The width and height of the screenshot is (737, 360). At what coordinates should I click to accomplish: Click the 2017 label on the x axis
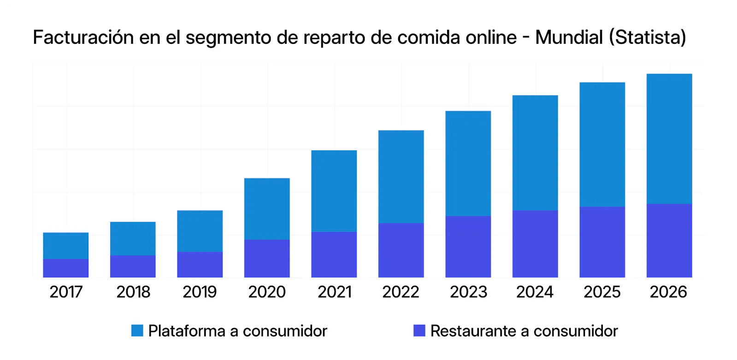coord(66,292)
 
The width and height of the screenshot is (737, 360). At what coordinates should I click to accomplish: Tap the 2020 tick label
coord(267,292)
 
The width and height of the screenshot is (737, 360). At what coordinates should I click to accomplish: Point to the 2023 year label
coord(468,292)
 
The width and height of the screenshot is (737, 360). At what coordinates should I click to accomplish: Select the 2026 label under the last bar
coord(668,292)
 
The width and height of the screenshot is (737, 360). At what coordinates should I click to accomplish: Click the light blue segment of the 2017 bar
coord(66,246)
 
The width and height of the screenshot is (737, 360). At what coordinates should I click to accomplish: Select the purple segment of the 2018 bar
coord(133,266)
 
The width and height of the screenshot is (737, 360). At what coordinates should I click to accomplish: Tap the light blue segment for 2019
coord(200,231)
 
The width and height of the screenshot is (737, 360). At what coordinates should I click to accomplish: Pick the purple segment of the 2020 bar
coord(267,259)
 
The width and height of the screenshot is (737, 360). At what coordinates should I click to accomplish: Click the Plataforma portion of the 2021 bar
coord(334,191)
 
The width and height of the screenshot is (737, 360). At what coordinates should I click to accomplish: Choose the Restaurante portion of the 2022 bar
coord(401,250)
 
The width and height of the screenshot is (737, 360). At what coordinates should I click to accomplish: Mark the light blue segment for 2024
coord(535,153)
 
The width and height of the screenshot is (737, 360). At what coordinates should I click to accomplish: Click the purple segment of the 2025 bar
coord(602,242)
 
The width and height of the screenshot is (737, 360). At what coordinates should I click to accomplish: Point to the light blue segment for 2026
coord(669,139)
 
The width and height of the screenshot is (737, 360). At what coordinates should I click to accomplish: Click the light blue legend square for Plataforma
coord(137,330)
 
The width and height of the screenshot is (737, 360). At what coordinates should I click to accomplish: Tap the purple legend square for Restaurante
coord(419,330)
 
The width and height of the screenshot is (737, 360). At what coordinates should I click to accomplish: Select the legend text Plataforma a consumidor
coord(238,331)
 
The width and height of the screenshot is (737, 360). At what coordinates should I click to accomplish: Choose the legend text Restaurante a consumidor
coord(524,331)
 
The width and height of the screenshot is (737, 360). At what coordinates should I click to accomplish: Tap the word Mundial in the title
coord(569,37)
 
